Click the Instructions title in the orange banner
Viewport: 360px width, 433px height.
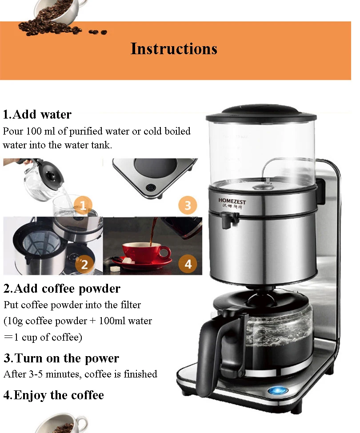[x=174, y=49]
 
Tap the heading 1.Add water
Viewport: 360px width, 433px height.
[x=37, y=114]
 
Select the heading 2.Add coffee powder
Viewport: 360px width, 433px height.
[x=62, y=289]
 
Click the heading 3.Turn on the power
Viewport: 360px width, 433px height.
[x=61, y=358]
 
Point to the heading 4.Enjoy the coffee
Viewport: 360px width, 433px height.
[x=54, y=395]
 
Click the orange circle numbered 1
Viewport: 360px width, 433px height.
[x=83, y=206]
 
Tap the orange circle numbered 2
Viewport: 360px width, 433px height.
[x=84, y=264]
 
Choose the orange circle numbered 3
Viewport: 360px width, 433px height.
[x=188, y=205]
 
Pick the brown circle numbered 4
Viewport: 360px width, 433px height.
[x=188, y=264]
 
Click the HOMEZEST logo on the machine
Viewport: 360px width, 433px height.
[x=232, y=201]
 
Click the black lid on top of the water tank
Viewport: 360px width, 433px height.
[x=261, y=113]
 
